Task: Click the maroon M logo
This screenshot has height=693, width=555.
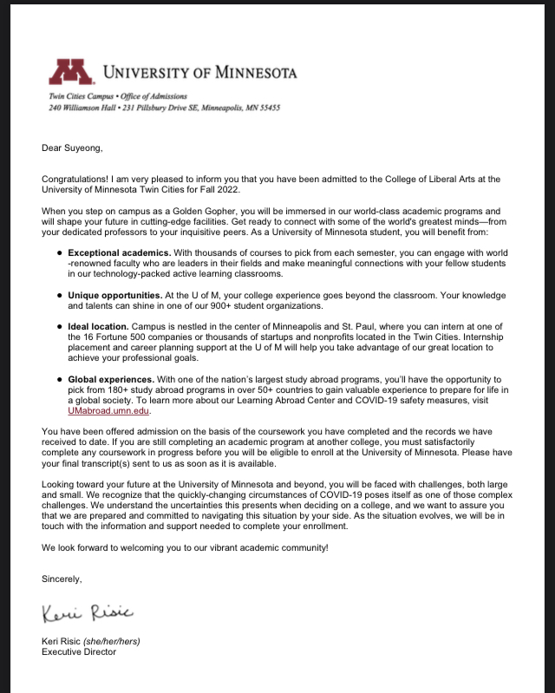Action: [x=71, y=73]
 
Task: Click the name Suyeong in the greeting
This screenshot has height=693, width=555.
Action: [x=85, y=147]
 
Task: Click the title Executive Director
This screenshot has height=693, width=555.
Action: [x=79, y=652]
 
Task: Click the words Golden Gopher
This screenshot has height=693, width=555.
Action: [x=193, y=211]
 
